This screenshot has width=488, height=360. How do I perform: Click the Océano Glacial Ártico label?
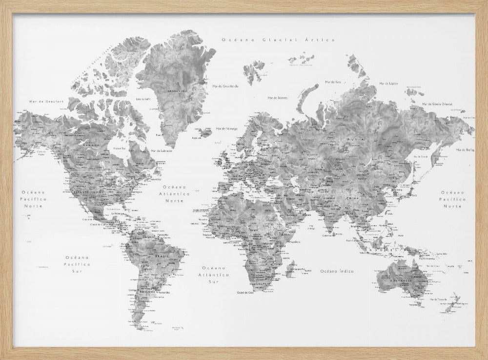point(278,39)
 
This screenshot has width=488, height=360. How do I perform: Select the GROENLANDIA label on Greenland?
point(178,90)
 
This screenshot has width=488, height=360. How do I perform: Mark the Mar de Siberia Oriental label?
point(438,104)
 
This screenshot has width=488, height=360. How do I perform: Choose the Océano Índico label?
point(337,270)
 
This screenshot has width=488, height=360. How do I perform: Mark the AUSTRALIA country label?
point(398,282)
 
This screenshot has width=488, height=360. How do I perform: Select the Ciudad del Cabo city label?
point(246,293)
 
